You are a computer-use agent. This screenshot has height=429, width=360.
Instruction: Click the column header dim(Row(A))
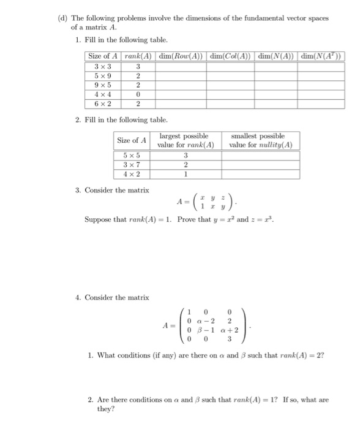coord(181,56)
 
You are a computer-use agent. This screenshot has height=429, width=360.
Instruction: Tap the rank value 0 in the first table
coord(138,95)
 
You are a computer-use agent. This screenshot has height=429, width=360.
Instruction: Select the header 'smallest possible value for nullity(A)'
coord(260,140)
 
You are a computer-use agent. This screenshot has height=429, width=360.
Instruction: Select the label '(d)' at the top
coord(62,18)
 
